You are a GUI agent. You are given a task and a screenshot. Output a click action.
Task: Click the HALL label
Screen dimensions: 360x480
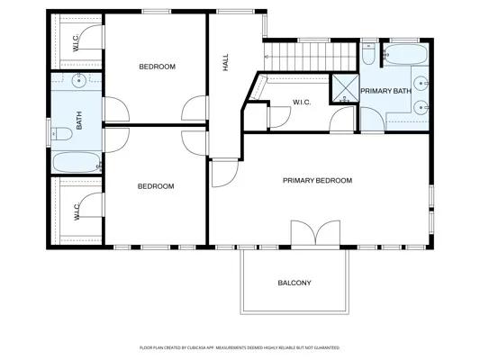point(225,63)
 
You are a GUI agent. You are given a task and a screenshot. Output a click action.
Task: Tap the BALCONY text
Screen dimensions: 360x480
point(294,283)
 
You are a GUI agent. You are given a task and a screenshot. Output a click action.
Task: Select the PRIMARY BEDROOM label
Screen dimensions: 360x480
point(317,180)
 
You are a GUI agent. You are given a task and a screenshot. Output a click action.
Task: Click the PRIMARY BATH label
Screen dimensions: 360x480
point(385,92)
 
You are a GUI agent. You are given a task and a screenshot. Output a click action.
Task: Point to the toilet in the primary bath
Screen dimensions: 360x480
point(369,56)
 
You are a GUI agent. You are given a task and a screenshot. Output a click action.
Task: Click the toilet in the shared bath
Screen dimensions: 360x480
point(61,134)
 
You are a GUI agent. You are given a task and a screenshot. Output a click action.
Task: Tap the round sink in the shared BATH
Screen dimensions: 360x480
point(79,82)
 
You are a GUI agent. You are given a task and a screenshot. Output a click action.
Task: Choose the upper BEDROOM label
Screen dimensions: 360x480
point(156,67)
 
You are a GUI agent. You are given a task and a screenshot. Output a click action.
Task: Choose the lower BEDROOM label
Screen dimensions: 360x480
point(155,186)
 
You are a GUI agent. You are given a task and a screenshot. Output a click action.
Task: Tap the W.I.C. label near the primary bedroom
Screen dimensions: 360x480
point(302,103)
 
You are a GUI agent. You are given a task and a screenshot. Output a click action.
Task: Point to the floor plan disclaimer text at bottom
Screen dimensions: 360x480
point(240,346)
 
